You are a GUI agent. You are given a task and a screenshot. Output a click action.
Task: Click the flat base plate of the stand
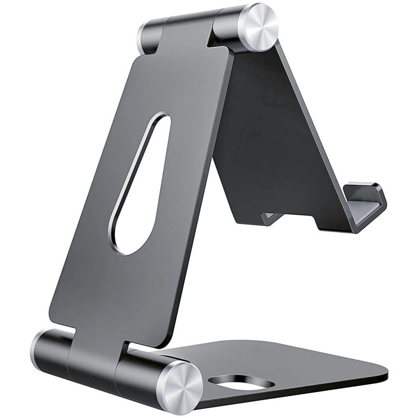[293, 368]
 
